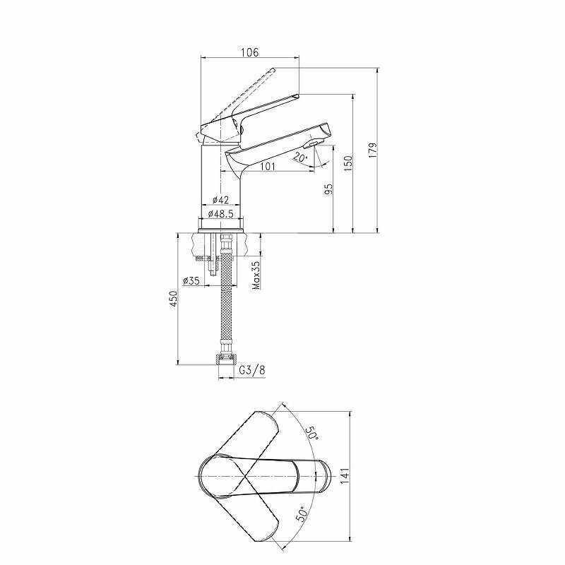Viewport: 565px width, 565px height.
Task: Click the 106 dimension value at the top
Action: tap(250, 52)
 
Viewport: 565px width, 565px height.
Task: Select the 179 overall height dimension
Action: tap(373, 150)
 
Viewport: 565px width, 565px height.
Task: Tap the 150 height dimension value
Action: tap(347, 163)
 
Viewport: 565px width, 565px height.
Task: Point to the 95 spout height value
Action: tap(328, 189)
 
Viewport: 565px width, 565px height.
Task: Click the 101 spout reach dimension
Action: tap(267, 166)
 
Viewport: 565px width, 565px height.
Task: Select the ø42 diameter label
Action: tap(220, 200)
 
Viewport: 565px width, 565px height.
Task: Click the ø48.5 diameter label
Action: tap(220, 214)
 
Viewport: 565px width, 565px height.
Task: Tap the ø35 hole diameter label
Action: tap(191, 280)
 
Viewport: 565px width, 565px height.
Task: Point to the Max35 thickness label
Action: tap(256, 275)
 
